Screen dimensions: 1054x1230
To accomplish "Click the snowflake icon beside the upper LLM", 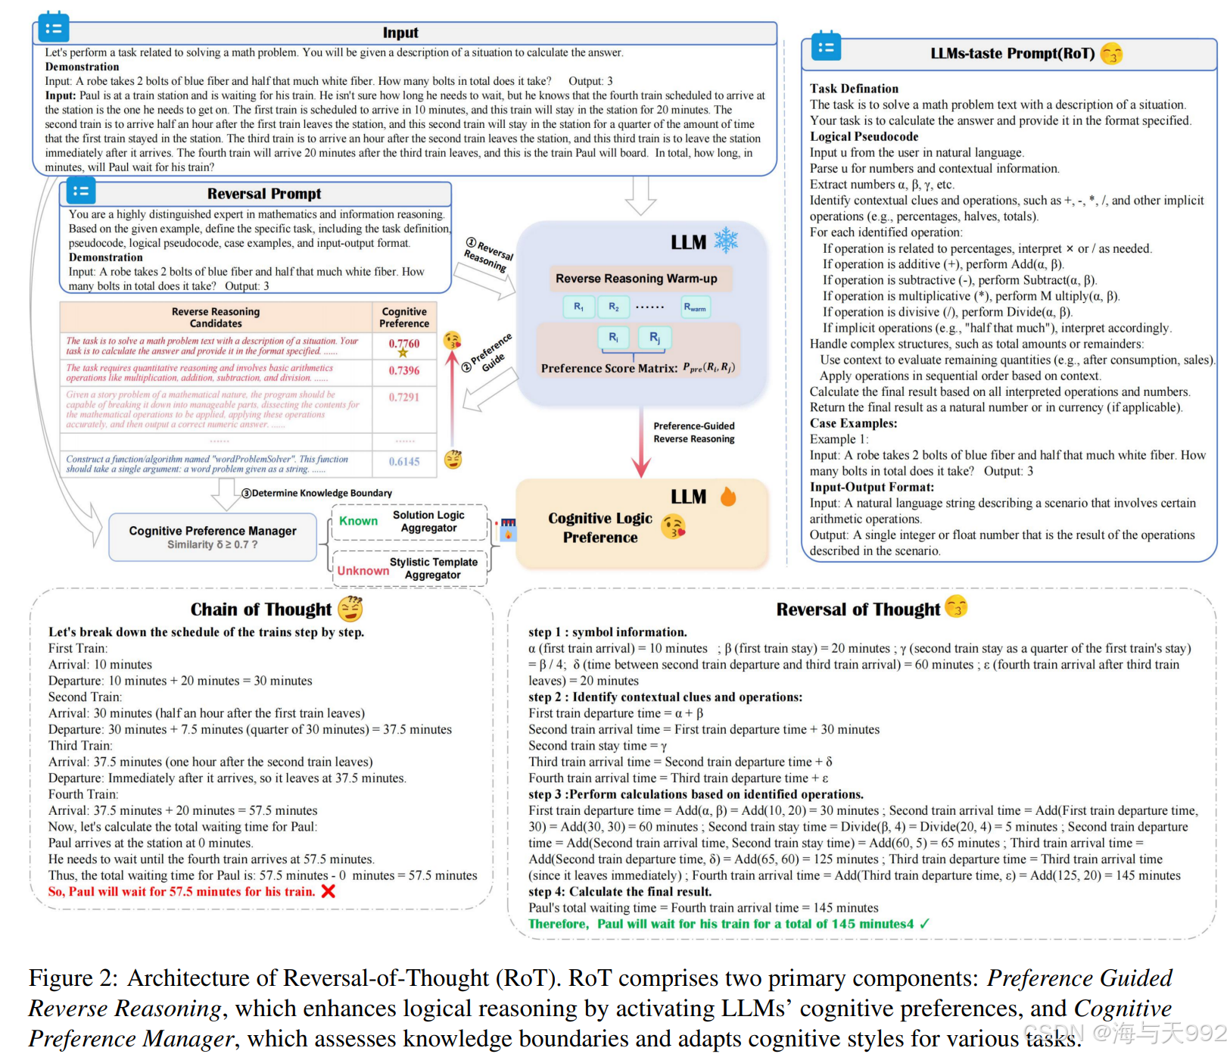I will [x=726, y=241].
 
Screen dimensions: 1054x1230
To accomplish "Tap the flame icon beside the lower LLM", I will [x=728, y=497].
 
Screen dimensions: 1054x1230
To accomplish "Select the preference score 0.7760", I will [x=404, y=344].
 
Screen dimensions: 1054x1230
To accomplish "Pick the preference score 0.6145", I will [x=404, y=461].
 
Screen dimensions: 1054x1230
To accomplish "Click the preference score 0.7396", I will [x=404, y=370].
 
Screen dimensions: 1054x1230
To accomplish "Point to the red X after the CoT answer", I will [x=328, y=891].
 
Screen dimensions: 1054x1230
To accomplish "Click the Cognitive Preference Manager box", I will [x=213, y=537].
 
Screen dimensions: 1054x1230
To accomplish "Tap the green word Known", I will [x=358, y=521].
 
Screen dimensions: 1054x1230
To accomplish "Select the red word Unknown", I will [x=363, y=570].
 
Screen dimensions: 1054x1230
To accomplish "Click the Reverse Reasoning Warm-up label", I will [x=636, y=279].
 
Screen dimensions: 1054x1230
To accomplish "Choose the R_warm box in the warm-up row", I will [x=694, y=307].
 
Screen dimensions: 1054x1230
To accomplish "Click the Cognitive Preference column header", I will [x=404, y=317].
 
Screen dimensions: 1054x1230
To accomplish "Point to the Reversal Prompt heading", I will [x=264, y=194].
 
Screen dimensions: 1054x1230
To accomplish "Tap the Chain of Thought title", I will [x=260, y=610].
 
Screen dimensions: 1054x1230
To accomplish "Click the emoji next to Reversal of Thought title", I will [x=957, y=607].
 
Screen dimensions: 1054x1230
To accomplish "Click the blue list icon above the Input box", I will [x=53, y=28].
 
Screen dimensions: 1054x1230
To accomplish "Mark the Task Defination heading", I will [x=854, y=89].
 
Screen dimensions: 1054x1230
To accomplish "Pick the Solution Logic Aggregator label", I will [x=428, y=521].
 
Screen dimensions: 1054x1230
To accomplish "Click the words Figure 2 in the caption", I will [x=73, y=978].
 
